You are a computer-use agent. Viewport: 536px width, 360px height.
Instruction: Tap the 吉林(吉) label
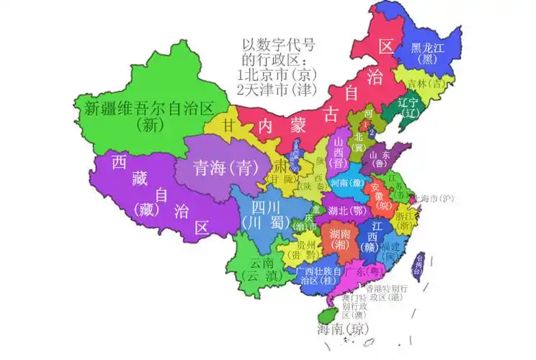(x=427, y=84)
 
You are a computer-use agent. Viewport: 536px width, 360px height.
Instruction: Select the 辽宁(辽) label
(x=413, y=108)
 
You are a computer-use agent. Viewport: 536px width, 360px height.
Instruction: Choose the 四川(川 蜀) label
(x=262, y=215)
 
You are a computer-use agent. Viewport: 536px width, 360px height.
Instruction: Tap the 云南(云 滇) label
(x=262, y=269)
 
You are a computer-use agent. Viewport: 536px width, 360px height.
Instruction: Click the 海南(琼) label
(x=343, y=330)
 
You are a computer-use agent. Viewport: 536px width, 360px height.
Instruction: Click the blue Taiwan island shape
(x=417, y=265)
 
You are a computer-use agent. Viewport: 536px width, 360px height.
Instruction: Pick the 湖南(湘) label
(x=340, y=240)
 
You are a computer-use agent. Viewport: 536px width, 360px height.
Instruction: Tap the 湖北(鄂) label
(x=347, y=211)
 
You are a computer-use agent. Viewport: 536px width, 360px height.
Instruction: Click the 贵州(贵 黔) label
(x=300, y=250)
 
